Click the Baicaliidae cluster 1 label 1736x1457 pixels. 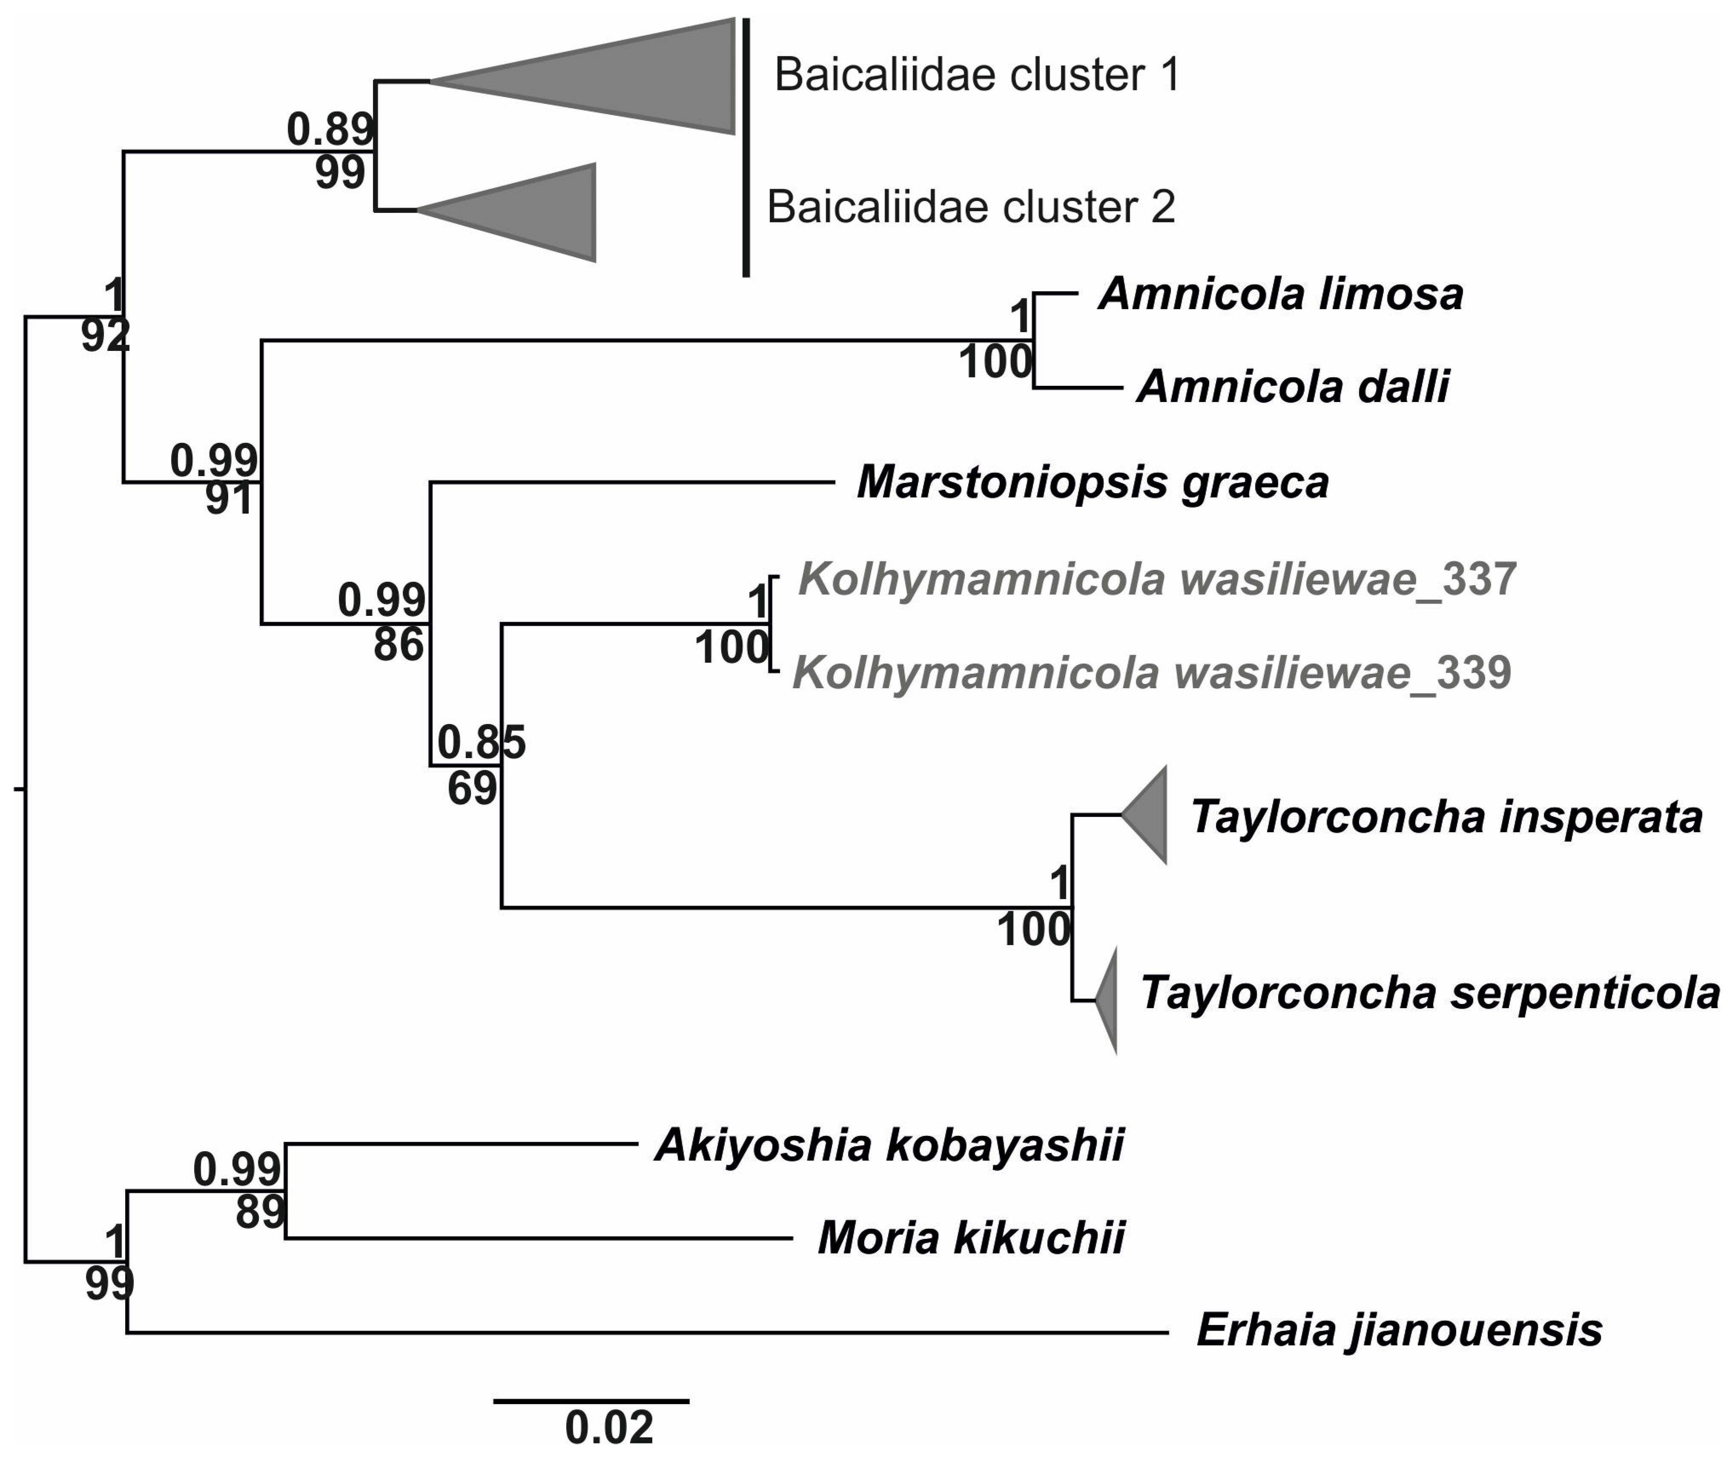click(x=977, y=75)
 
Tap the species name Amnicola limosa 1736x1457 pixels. click(x=1281, y=294)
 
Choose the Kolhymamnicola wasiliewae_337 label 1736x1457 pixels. click(x=1157, y=579)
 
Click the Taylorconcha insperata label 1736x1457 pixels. click(x=1446, y=817)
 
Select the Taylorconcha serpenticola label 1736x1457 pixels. click(x=1430, y=992)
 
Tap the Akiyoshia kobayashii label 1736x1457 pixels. click(x=889, y=1145)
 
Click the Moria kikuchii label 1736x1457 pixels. click(x=971, y=1238)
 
